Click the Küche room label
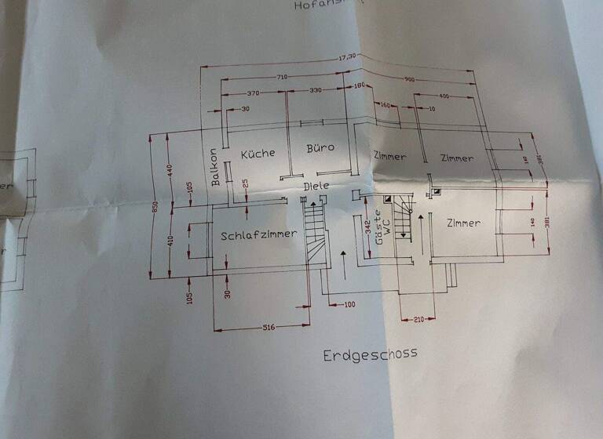pyautogui.click(x=258, y=153)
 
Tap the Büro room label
pyautogui.click(x=320, y=147)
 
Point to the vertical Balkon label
pyautogui.click(x=215, y=168)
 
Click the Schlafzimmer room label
pyautogui.click(x=258, y=234)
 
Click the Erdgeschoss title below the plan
pyautogui.click(x=370, y=354)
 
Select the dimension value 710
pyautogui.click(x=282, y=77)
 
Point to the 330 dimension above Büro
pyautogui.click(x=315, y=91)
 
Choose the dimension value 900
pyautogui.click(x=410, y=79)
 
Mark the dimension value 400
pyautogui.click(x=444, y=96)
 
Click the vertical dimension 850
pyautogui.click(x=155, y=207)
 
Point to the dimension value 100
pyautogui.click(x=349, y=303)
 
